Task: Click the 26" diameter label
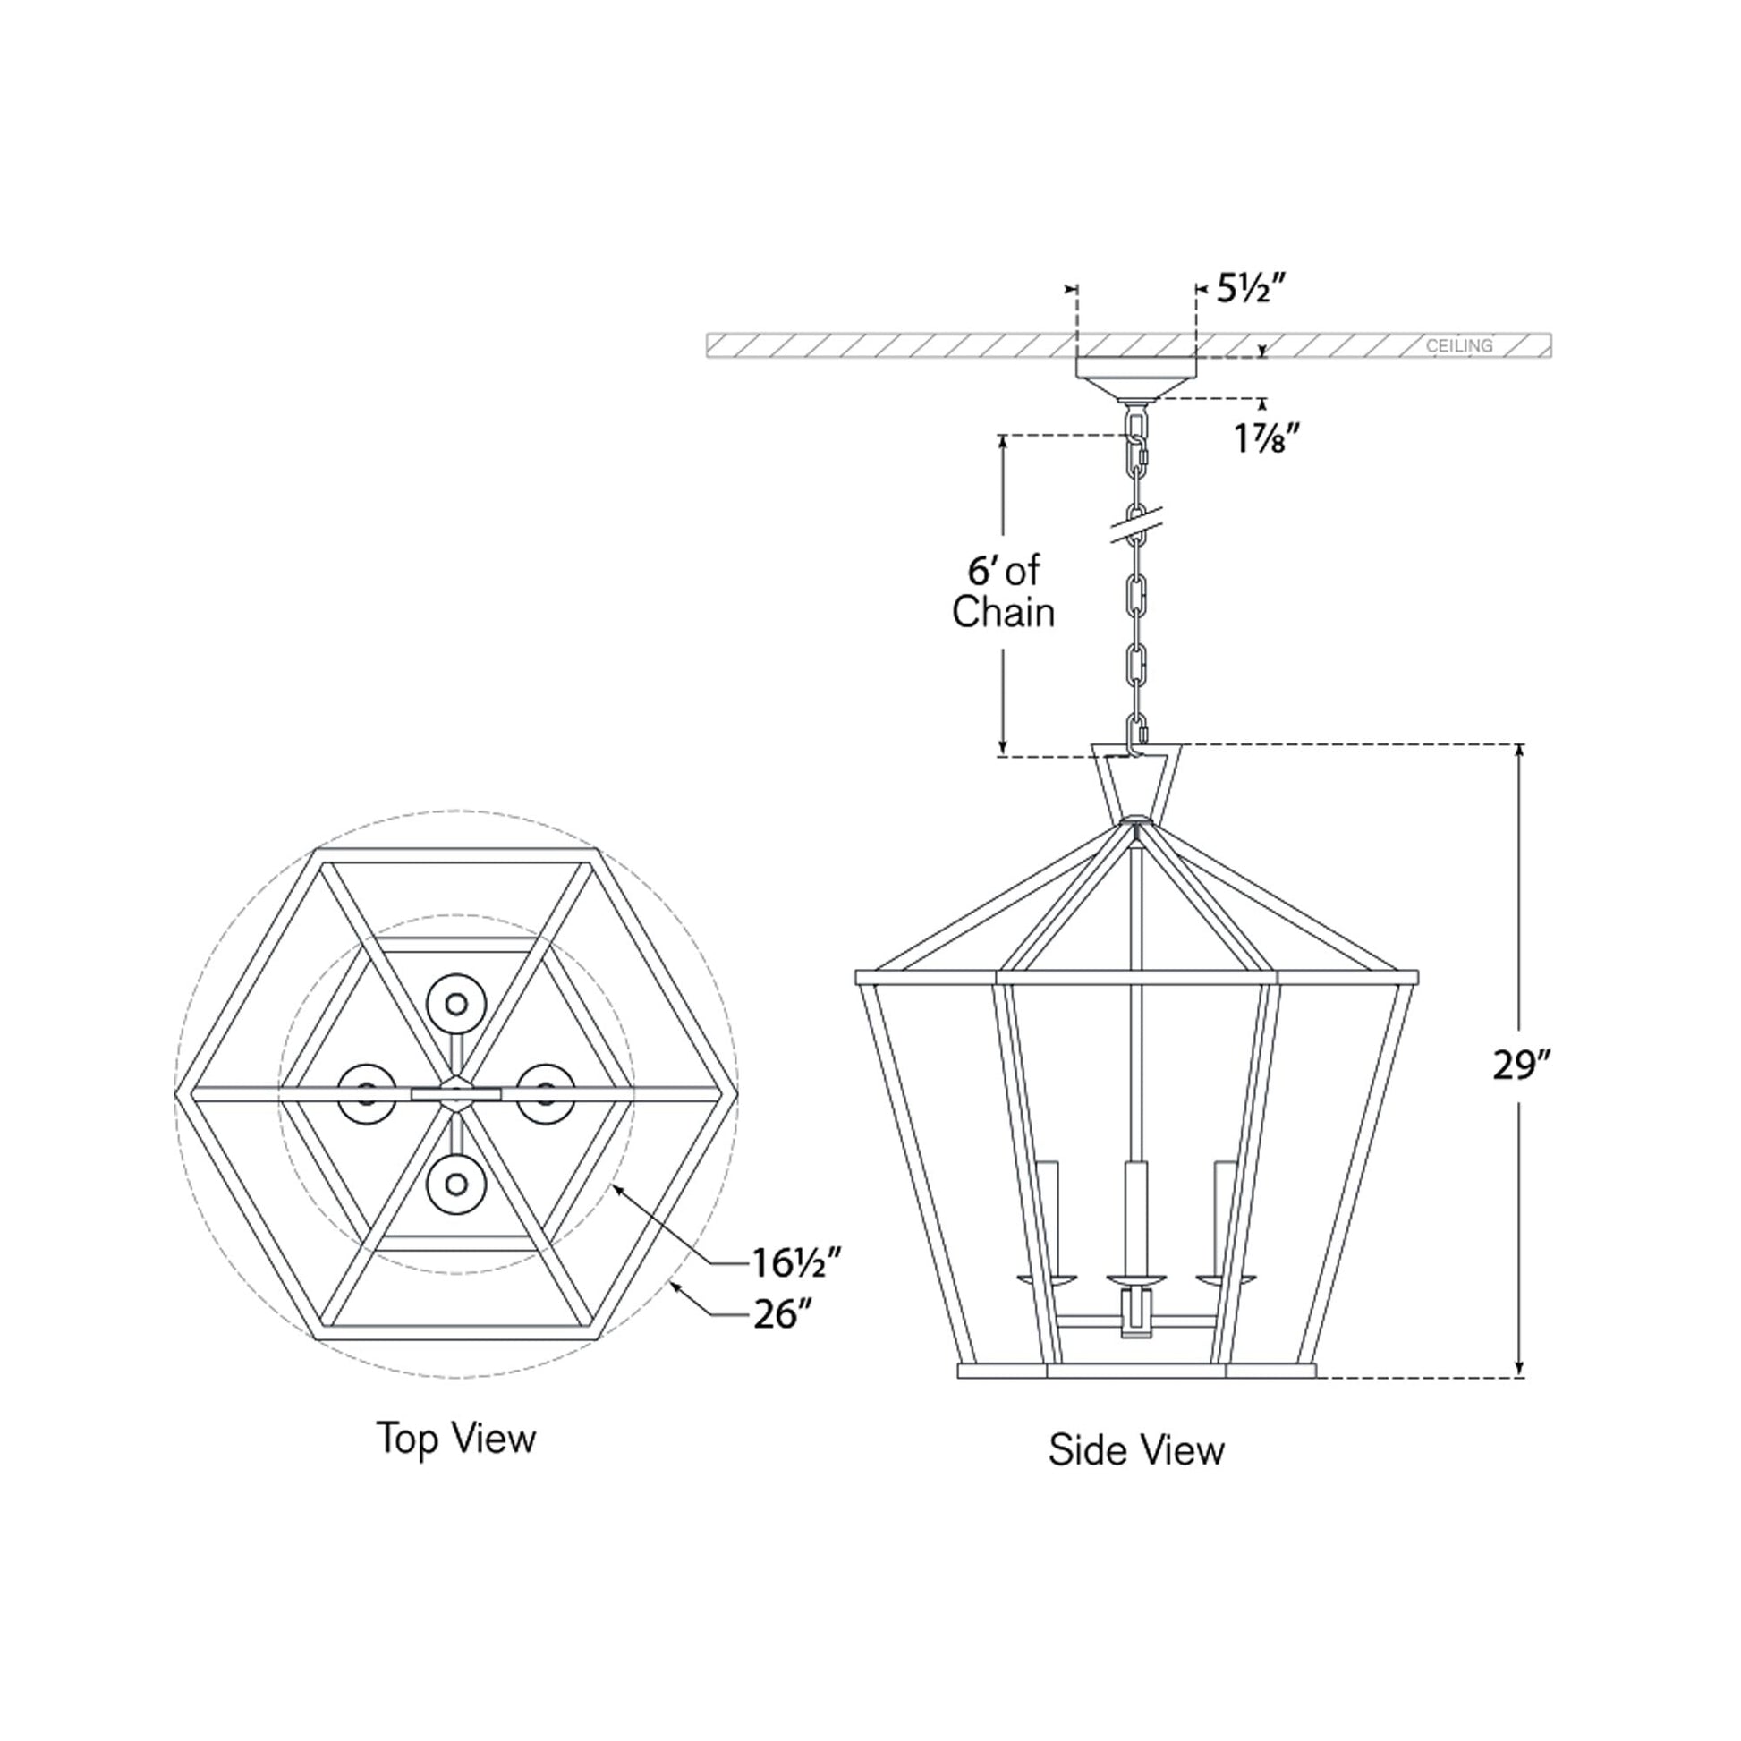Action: (x=777, y=1316)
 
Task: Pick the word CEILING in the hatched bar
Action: (x=1459, y=346)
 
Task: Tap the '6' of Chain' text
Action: (x=1003, y=592)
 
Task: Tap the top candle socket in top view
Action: (x=456, y=1003)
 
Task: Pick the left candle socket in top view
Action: (x=367, y=1093)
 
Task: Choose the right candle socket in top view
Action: (x=545, y=1093)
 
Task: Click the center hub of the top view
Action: (x=457, y=1093)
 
